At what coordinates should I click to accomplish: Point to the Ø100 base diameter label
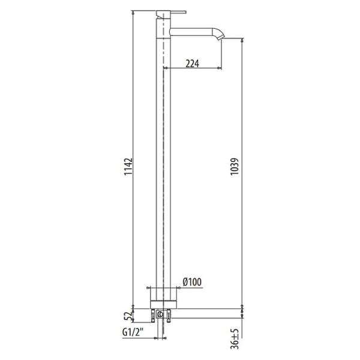192,282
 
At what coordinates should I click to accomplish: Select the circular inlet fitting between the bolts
160,313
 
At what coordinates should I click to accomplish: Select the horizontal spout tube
192,31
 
